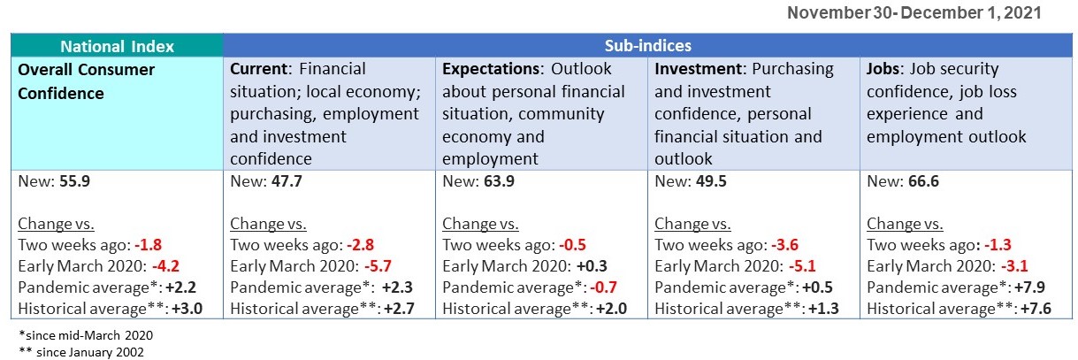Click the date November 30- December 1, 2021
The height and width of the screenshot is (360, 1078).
pos(914,12)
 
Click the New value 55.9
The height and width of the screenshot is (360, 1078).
pos(73,181)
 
